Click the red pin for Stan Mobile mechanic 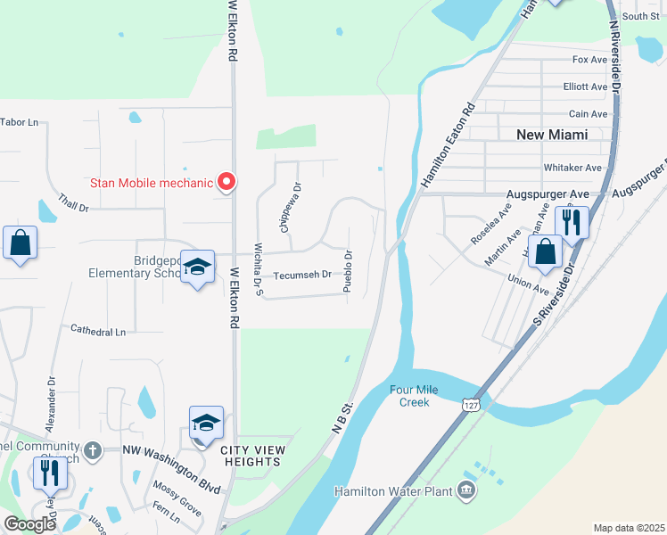[x=226, y=182]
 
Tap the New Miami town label [x=553, y=135]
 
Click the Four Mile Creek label [x=409, y=396]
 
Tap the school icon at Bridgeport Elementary [x=198, y=267]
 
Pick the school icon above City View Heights [x=206, y=423]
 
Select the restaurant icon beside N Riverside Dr [x=572, y=222]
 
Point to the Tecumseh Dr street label [x=302, y=275]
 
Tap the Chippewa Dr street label [x=285, y=208]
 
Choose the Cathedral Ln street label [x=98, y=331]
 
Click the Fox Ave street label [x=589, y=60]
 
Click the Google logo [x=29, y=524]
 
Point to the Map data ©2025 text [x=629, y=528]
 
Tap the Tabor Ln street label [x=20, y=122]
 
